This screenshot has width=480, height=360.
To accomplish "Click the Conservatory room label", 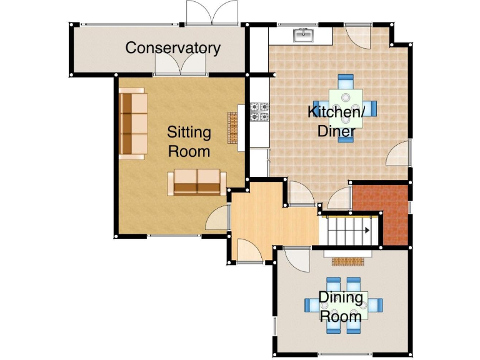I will tap(173, 48).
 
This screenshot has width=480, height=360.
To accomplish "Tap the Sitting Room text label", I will tap(189, 142).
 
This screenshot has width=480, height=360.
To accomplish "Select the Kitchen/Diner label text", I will tap(336, 122).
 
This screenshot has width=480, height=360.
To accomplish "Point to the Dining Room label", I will tap(341, 306).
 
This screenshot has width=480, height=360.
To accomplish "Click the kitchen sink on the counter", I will tap(304, 36).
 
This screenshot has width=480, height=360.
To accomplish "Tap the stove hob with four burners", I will tap(259, 111).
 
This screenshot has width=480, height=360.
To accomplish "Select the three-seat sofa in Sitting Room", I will tap(132, 123).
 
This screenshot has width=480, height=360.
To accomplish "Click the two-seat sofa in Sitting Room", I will tap(197, 182).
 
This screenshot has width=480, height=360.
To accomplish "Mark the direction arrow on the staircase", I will tap(366, 231).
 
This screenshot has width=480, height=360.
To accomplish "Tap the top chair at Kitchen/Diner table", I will tap(346, 82).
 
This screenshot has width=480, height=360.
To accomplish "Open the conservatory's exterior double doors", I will tap(212, 14).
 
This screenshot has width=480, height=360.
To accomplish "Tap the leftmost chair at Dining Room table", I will tap(311, 306).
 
